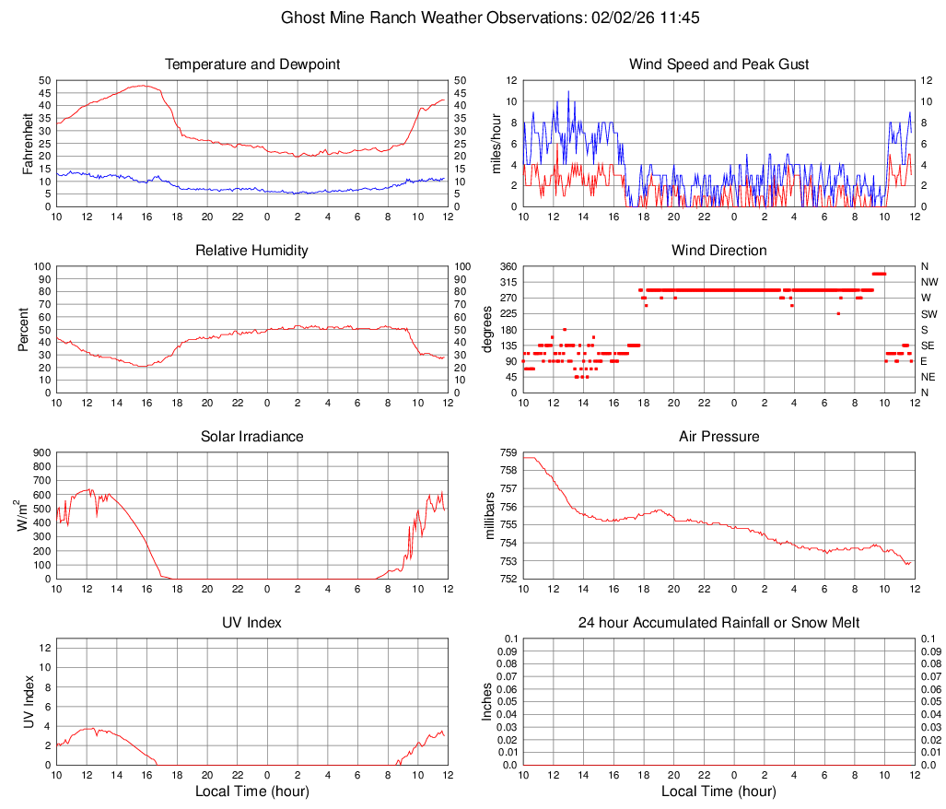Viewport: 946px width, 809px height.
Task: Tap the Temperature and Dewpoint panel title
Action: coord(252,64)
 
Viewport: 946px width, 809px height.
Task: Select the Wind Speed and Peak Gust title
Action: coord(718,64)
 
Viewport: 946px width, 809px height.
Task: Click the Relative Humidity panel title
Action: coord(252,251)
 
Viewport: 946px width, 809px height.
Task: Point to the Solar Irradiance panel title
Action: coord(252,437)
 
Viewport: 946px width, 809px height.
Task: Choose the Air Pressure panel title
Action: coord(718,437)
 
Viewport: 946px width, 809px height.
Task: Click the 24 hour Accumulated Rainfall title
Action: coord(718,623)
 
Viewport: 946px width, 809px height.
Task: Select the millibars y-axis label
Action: coord(491,516)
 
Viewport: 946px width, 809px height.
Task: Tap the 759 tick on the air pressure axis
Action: coord(508,452)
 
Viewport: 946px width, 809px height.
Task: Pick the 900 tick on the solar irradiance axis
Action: coord(41,452)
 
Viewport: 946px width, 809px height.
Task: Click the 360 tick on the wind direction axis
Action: coord(508,266)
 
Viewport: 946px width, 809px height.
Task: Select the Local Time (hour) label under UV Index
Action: coord(252,791)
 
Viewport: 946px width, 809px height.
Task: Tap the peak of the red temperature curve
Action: coord(143,85)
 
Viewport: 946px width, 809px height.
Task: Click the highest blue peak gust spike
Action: coord(568,91)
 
